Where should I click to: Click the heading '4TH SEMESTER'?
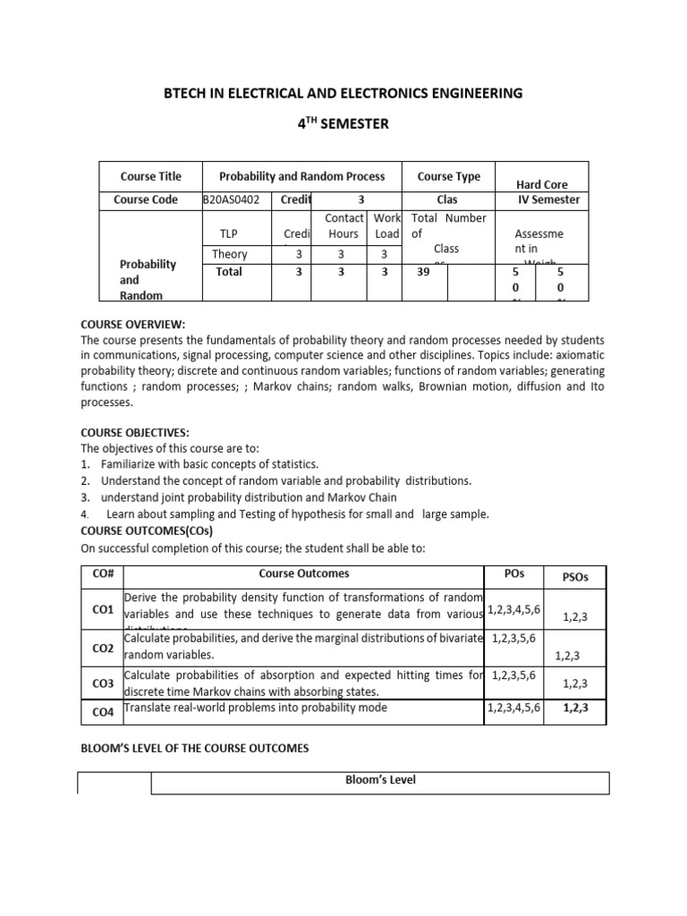(x=343, y=123)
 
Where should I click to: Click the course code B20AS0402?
(x=232, y=199)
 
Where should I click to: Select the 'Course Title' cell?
(x=150, y=176)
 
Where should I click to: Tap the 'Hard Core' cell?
(x=542, y=184)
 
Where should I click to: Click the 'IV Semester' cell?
(x=548, y=199)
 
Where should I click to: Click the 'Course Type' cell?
(x=448, y=176)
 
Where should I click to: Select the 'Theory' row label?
(x=230, y=254)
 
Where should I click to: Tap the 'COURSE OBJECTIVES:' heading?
(x=135, y=432)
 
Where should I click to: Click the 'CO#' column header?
(x=103, y=574)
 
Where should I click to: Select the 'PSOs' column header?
(x=575, y=577)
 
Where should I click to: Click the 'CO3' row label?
(x=103, y=683)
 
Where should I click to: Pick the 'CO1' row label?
(x=103, y=609)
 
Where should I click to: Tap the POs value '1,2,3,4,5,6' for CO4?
(x=513, y=708)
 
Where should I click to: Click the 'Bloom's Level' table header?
(x=380, y=780)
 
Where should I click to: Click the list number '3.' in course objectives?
(x=86, y=496)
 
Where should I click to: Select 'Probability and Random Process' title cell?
(x=302, y=176)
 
